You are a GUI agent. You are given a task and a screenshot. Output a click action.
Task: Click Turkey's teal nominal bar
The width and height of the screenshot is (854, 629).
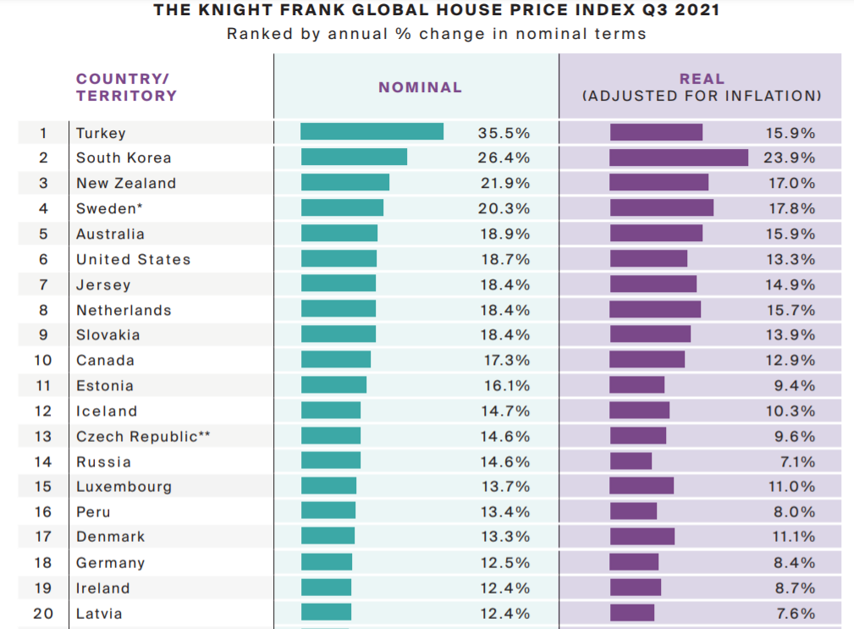(372, 132)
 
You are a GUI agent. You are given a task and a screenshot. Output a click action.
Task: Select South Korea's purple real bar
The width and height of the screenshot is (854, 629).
(679, 157)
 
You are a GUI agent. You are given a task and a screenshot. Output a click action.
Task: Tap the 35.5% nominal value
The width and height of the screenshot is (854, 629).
(504, 133)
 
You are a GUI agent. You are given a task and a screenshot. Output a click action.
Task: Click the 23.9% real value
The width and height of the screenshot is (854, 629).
(791, 158)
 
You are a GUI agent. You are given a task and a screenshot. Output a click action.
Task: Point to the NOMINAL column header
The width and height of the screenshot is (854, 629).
(420, 87)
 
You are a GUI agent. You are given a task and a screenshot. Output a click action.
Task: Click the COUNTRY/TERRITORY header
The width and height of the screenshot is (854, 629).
(126, 87)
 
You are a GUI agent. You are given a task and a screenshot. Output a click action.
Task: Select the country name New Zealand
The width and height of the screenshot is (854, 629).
(126, 184)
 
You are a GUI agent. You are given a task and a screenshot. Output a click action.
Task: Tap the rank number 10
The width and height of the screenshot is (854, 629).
(42, 361)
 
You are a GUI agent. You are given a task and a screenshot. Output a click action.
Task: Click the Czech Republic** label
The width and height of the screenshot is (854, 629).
(143, 437)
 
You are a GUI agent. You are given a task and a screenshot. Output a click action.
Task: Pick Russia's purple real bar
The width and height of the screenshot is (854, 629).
(631, 461)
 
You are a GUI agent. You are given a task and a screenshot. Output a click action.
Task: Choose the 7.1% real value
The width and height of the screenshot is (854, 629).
(796, 462)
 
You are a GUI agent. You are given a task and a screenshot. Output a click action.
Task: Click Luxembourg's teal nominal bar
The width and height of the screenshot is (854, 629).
(328, 486)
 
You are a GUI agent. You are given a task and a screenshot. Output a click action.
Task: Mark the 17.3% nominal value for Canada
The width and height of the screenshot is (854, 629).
(506, 361)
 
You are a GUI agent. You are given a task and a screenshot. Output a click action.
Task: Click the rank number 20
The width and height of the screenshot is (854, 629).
(42, 614)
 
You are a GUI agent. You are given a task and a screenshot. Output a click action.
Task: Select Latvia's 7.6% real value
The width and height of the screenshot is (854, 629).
(796, 614)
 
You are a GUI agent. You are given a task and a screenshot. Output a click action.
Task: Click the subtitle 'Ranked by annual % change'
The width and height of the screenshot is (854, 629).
(436, 35)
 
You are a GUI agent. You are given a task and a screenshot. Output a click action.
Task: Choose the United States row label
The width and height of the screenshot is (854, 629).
(133, 260)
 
